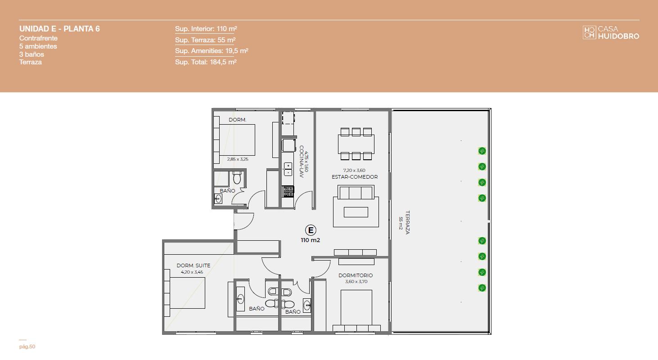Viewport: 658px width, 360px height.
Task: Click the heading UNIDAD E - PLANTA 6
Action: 59,29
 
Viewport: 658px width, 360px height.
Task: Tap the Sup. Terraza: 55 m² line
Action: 205,40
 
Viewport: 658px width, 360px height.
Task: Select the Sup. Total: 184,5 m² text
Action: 206,62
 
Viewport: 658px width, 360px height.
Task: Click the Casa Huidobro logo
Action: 611,32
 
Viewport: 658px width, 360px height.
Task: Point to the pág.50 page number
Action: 27,346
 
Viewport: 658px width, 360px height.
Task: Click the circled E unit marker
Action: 311,230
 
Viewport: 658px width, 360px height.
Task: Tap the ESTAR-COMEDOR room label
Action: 355,177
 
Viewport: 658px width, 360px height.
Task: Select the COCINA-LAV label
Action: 302,162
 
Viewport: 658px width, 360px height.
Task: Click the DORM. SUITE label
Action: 193,265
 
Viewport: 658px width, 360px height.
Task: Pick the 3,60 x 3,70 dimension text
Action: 356,282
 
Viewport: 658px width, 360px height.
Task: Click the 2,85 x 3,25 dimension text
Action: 238,159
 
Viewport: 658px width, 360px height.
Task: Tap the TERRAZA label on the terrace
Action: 407,222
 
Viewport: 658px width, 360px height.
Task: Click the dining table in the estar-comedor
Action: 356,144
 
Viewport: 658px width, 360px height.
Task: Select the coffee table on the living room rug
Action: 356,212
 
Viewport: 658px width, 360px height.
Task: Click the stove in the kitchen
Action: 288,191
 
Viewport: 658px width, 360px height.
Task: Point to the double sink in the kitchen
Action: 288,169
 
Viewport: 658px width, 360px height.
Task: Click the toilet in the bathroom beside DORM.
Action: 237,177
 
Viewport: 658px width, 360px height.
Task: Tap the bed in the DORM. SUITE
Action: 187,293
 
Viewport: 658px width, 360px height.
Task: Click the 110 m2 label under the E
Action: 311,240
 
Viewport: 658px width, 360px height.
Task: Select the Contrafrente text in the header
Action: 39,38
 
